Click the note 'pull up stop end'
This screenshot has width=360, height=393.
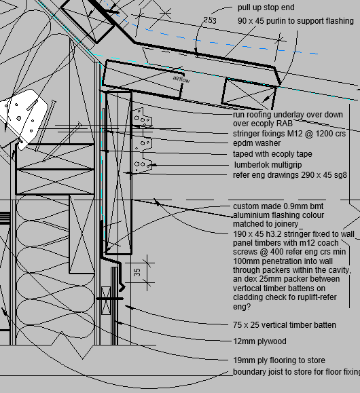click(266, 8)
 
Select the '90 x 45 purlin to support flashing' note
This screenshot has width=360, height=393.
click(295, 21)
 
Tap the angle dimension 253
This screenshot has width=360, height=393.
click(210, 21)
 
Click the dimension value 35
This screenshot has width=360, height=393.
click(137, 272)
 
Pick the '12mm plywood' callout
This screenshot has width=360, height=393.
click(259, 341)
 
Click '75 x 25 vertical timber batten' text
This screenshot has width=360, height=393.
click(284, 325)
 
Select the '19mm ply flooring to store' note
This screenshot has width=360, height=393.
click(278, 360)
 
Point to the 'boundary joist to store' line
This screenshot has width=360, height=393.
click(295, 372)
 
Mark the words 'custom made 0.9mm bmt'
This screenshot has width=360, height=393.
click(278, 206)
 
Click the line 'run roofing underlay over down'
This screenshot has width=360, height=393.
click(288, 115)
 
